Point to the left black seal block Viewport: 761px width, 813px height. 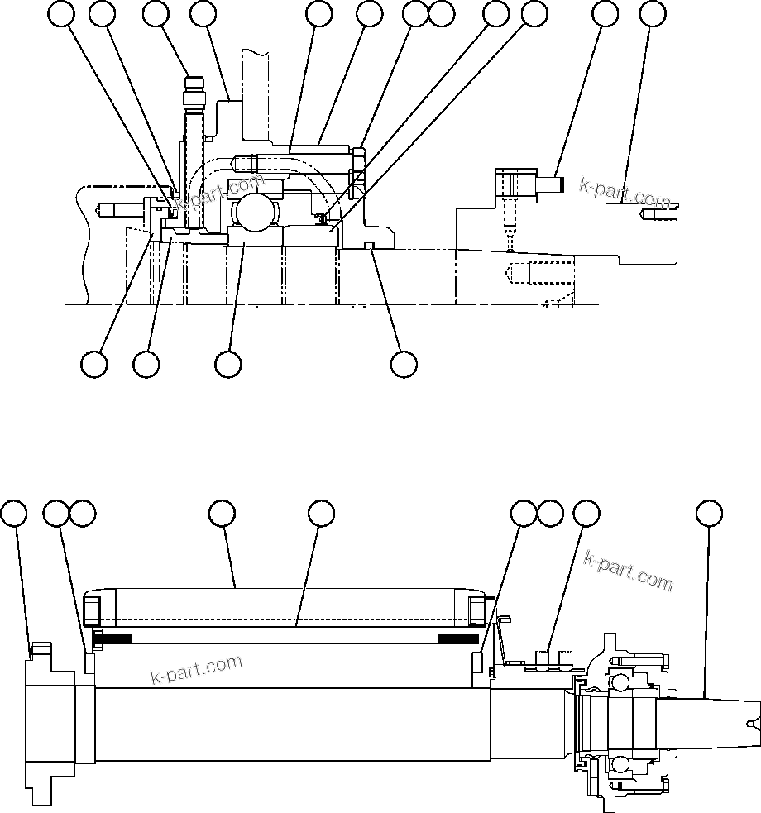point(115,638)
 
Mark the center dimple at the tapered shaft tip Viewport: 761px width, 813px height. point(750,724)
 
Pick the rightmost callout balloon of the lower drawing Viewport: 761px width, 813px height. point(708,513)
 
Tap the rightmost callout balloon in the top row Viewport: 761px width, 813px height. point(653,13)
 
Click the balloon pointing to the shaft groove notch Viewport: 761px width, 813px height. point(404,364)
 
